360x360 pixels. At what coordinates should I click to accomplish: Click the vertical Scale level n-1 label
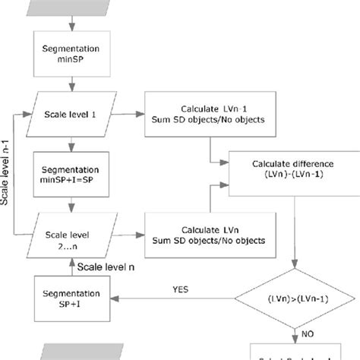pyautogui.click(x=8, y=182)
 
